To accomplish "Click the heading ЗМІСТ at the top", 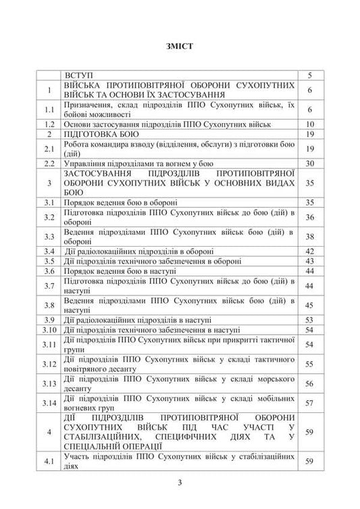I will pyautogui.click(x=180, y=47).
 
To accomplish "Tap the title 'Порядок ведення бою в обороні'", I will pyautogui.click(x=121, y=201).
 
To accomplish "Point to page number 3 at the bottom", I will pyautogui.click(x=180, y=482).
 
